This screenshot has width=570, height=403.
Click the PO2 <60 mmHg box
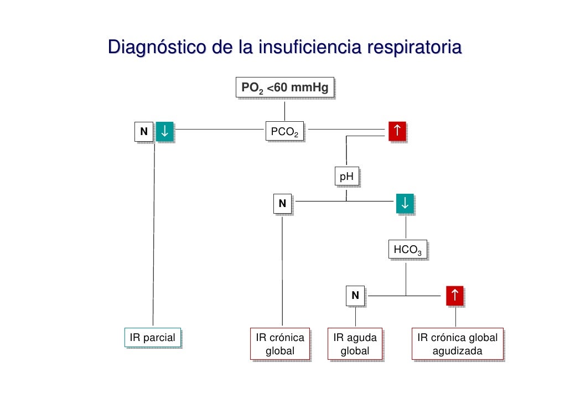tap(284, 88)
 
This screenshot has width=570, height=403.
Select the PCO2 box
tap(284, 132)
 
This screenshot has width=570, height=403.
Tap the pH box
tap(346, 177)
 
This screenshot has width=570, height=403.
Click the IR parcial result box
tap(152, 338)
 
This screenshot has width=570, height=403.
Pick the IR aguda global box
tap(355, 344)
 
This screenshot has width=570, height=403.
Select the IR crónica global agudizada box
tap(457, 344)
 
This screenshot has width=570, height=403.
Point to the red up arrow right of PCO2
tap(396, 131)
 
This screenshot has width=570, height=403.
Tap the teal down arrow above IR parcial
tap(165, 131)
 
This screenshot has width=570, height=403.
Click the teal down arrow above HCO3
tap(405, 203)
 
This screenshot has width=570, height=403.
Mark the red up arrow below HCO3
tap(455, 296)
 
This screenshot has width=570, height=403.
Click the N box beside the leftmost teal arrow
tap(144, 132)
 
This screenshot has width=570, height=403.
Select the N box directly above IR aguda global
tap(355, 296)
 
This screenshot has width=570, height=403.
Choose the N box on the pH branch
tap(282, 204)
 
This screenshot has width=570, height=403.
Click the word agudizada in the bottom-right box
tap(457, 351)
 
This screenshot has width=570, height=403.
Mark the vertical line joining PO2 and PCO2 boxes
tap(284, 110)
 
